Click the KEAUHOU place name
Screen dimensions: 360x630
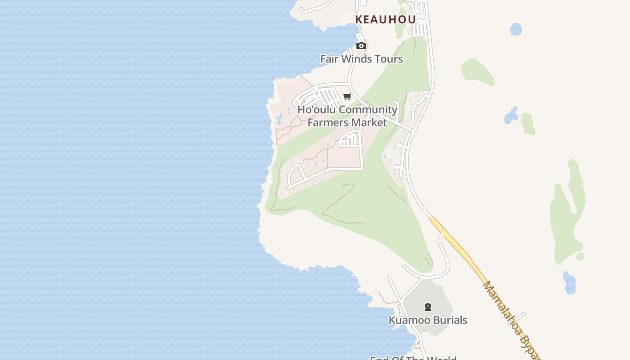point(385,20)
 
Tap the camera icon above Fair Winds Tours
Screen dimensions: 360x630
point(361,45)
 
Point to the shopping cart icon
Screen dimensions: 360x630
point(347,96)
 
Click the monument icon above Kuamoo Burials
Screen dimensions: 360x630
point(428,307)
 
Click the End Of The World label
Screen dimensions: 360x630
point(413,358)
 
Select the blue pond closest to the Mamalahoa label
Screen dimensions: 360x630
point(569,282)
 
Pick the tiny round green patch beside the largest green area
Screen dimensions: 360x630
point(580,257)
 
